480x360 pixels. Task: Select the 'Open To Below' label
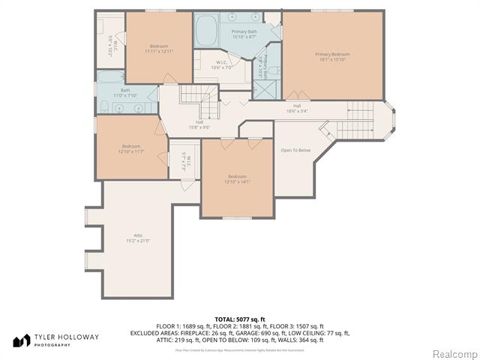pos(295,150)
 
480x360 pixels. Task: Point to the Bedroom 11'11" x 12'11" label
pos(158,49)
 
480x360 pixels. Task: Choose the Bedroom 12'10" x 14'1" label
pos(237,178)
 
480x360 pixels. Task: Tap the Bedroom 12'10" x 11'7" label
pos(131,149)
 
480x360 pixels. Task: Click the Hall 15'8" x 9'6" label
pos(199,124)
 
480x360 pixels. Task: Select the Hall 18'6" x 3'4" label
pos(297,108)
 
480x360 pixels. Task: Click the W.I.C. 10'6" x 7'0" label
pos(222,65)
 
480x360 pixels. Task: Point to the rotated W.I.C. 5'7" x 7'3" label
pos(184,160)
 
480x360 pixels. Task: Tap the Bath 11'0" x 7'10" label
pos(125,93)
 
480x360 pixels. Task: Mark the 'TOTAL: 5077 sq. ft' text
pos(240,319)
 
